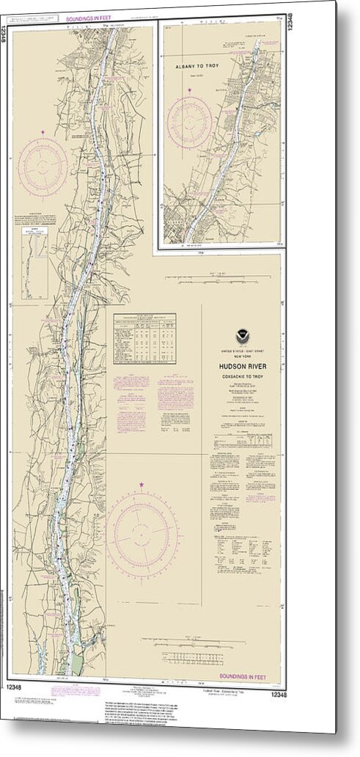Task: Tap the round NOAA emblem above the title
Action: [243, 336]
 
